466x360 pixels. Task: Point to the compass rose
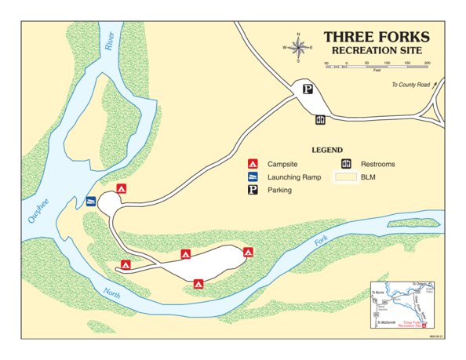point(299,46)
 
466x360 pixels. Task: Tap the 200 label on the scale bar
point(426,63)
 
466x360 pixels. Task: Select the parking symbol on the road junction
point(308,89)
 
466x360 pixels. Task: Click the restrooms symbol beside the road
point(320,120)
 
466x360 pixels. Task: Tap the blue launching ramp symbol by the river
point(92,202)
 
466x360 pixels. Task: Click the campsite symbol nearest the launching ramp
point(121,189)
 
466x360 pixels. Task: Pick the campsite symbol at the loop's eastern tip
point(248,252)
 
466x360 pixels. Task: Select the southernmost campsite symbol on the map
point(198,283)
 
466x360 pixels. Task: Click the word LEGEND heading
point(327,150)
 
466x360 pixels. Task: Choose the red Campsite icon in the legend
point(253,164)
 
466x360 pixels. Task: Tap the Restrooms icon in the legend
point(346,164)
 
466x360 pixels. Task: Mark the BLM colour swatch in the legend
point(346,177)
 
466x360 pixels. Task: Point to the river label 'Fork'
point(320,243)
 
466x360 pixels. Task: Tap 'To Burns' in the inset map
point(378,290)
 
